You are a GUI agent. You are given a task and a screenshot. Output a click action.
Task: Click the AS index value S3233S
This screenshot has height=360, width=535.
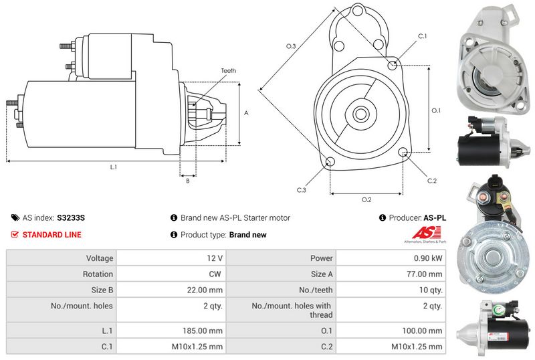[71, 218]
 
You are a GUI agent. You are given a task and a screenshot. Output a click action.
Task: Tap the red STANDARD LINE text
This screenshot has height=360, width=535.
[52, 235]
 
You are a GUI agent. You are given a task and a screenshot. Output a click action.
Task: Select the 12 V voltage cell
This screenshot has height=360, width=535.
[215, 258]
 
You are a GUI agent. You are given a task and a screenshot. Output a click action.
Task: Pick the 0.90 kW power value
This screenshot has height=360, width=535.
[428, 258]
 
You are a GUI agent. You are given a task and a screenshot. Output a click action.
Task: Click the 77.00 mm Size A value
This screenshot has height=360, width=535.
[425, 274]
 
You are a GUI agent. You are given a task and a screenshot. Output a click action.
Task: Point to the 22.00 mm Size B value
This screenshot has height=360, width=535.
[205, 290]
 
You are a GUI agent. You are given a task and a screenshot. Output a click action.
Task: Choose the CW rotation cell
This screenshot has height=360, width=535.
[215, 274]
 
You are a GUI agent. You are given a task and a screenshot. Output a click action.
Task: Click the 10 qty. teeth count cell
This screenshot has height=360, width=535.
[431, 290]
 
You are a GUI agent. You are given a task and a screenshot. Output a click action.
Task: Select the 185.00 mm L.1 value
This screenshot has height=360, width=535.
[203, 331]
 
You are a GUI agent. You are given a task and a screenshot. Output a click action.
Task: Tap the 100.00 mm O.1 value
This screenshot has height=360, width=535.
[422, 331]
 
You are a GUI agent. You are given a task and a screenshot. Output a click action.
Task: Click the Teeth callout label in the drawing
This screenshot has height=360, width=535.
[228, 71]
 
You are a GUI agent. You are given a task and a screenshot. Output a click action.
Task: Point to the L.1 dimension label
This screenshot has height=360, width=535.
[114, 167]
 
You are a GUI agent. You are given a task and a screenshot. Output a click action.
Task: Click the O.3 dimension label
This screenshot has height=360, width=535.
[291, 46]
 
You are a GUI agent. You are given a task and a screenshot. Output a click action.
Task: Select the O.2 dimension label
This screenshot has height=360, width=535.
[366, 199]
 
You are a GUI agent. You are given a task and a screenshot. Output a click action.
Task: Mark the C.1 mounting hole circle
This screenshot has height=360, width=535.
[393, 64]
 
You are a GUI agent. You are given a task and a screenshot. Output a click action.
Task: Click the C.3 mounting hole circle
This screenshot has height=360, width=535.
[330, 162]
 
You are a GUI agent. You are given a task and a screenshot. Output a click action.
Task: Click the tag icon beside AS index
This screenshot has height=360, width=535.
[15, 218]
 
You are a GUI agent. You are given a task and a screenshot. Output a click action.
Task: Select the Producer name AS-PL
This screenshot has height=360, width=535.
[435, 218]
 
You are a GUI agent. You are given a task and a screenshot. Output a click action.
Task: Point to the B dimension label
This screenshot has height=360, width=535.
[188, 181]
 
